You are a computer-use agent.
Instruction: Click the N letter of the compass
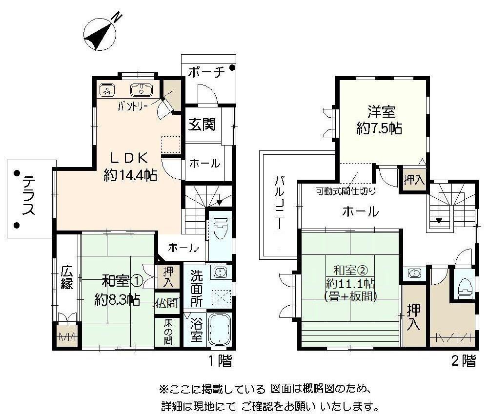pyautogui.click(x=117, y=17)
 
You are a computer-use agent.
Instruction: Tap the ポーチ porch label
pyautogui.click(x=206, y=72)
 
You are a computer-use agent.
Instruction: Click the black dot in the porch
pyautogui.click(x=232, y=67)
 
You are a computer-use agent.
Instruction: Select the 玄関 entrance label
pyautogui.click(x=202, y=125)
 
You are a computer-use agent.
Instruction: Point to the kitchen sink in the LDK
pyautogui.click(x=142, y=90)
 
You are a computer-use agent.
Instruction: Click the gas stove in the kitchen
pyautogui.click(x=107, y=90)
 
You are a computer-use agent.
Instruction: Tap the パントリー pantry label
pyautogui.click(x=132, y=106)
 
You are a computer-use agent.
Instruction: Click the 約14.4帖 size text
pyautogui.click(x=130, y=176)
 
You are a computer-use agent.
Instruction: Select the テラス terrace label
pyautogui.click(x=29, y=195)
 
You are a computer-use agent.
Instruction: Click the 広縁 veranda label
pyautogui.click(x=66, y=277)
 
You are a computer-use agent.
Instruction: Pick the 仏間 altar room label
pyautogui.click(x=166, y=303)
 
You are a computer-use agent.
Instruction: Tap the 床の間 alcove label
pyautogui.click(x=168, y=332)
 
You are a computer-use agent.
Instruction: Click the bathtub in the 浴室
pyautogui.click(x=220, y=329)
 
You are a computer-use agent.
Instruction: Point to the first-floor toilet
pyautogui.click(x=220, y=228)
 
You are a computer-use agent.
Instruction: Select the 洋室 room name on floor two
pyautogui.click(x=381, y=112)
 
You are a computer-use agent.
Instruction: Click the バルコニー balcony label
pyautogui.click(x=279, y=203)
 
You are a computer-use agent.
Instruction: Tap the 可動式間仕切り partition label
pyautogui.click(x=346, y=191)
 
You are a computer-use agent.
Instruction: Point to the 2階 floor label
pyautogui.click(x=464, y=361)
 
